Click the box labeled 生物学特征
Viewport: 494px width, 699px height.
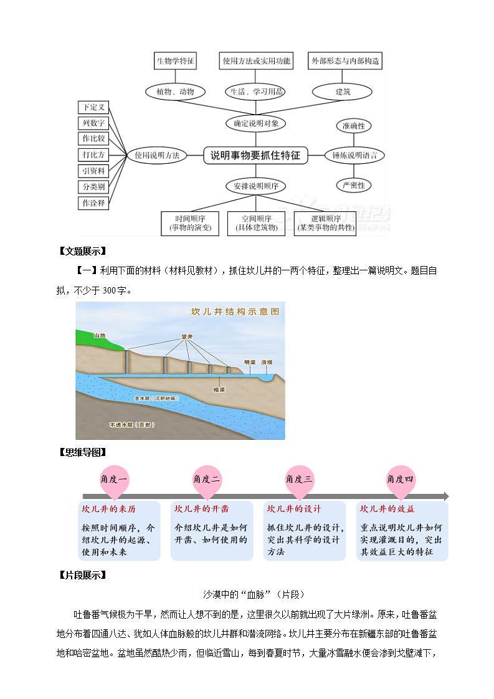pyautogui.click(x=176, y=61)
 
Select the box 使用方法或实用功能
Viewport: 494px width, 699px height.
pyautogui.click(x=256, y=61)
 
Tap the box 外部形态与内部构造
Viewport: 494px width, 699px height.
pyautogui.click(x=344, y=61)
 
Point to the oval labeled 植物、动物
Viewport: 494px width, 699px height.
pyautogui.click(x=176, y=92)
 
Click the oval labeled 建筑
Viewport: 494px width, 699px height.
pyautogui.click(x=343, y=92)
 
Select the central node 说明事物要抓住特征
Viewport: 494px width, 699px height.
pyautogui.click(x=255, y=155)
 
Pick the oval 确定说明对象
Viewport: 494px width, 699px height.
pyautogui.click(x=255, y=123)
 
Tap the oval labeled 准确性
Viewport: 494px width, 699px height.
pyautogui.click(x=353, y=126)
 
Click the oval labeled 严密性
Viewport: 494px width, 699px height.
pyautogui.click(x=353, y=185)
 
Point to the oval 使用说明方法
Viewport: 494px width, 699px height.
pyautogui.click(x=157, y=156)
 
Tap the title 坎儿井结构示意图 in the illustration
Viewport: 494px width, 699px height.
pyautogui.click(x=235, y=311)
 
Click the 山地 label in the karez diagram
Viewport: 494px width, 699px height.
pyautogui.click(x=100, y=335)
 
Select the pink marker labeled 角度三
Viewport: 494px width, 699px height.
pyautogui.click(x=299, y=479)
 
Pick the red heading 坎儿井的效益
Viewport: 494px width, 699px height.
pyautogui.click(x=387, y=508)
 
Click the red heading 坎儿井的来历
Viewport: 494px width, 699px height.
pyautogui.click(x=108, y=508)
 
